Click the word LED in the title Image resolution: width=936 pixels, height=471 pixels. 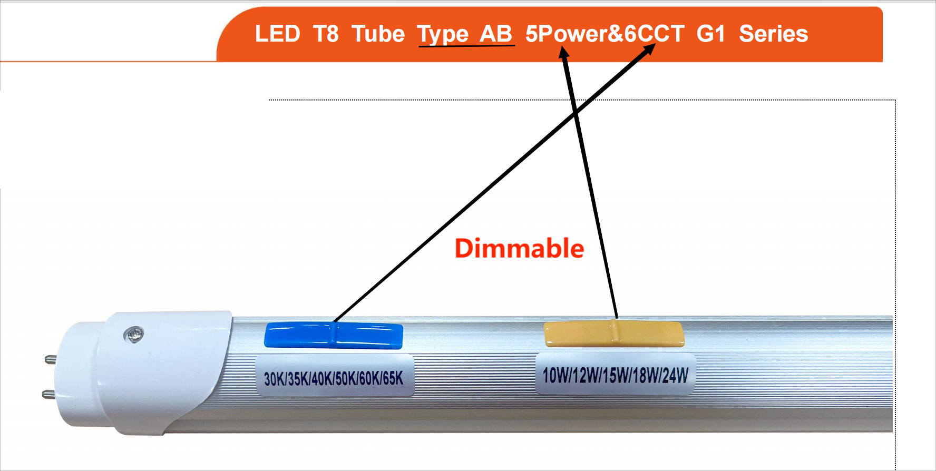point(277,34)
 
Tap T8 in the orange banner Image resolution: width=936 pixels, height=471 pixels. point(326,34)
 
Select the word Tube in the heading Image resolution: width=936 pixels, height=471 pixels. point(378,34)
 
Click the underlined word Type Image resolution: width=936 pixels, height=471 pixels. point(443,35)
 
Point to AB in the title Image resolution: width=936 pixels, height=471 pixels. point(495,34)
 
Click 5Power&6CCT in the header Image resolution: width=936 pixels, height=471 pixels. point(604,34)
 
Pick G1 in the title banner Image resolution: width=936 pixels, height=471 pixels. point(710,34)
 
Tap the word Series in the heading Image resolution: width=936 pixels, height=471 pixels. point(773,34)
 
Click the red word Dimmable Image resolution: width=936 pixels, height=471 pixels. point(519,248)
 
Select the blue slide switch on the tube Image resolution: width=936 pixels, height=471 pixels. point(334,336)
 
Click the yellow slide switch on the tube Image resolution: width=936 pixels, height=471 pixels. point(614,333)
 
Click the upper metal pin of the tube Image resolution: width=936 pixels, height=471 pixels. point(51,360)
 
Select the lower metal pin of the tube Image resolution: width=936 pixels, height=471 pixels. point(48,394)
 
